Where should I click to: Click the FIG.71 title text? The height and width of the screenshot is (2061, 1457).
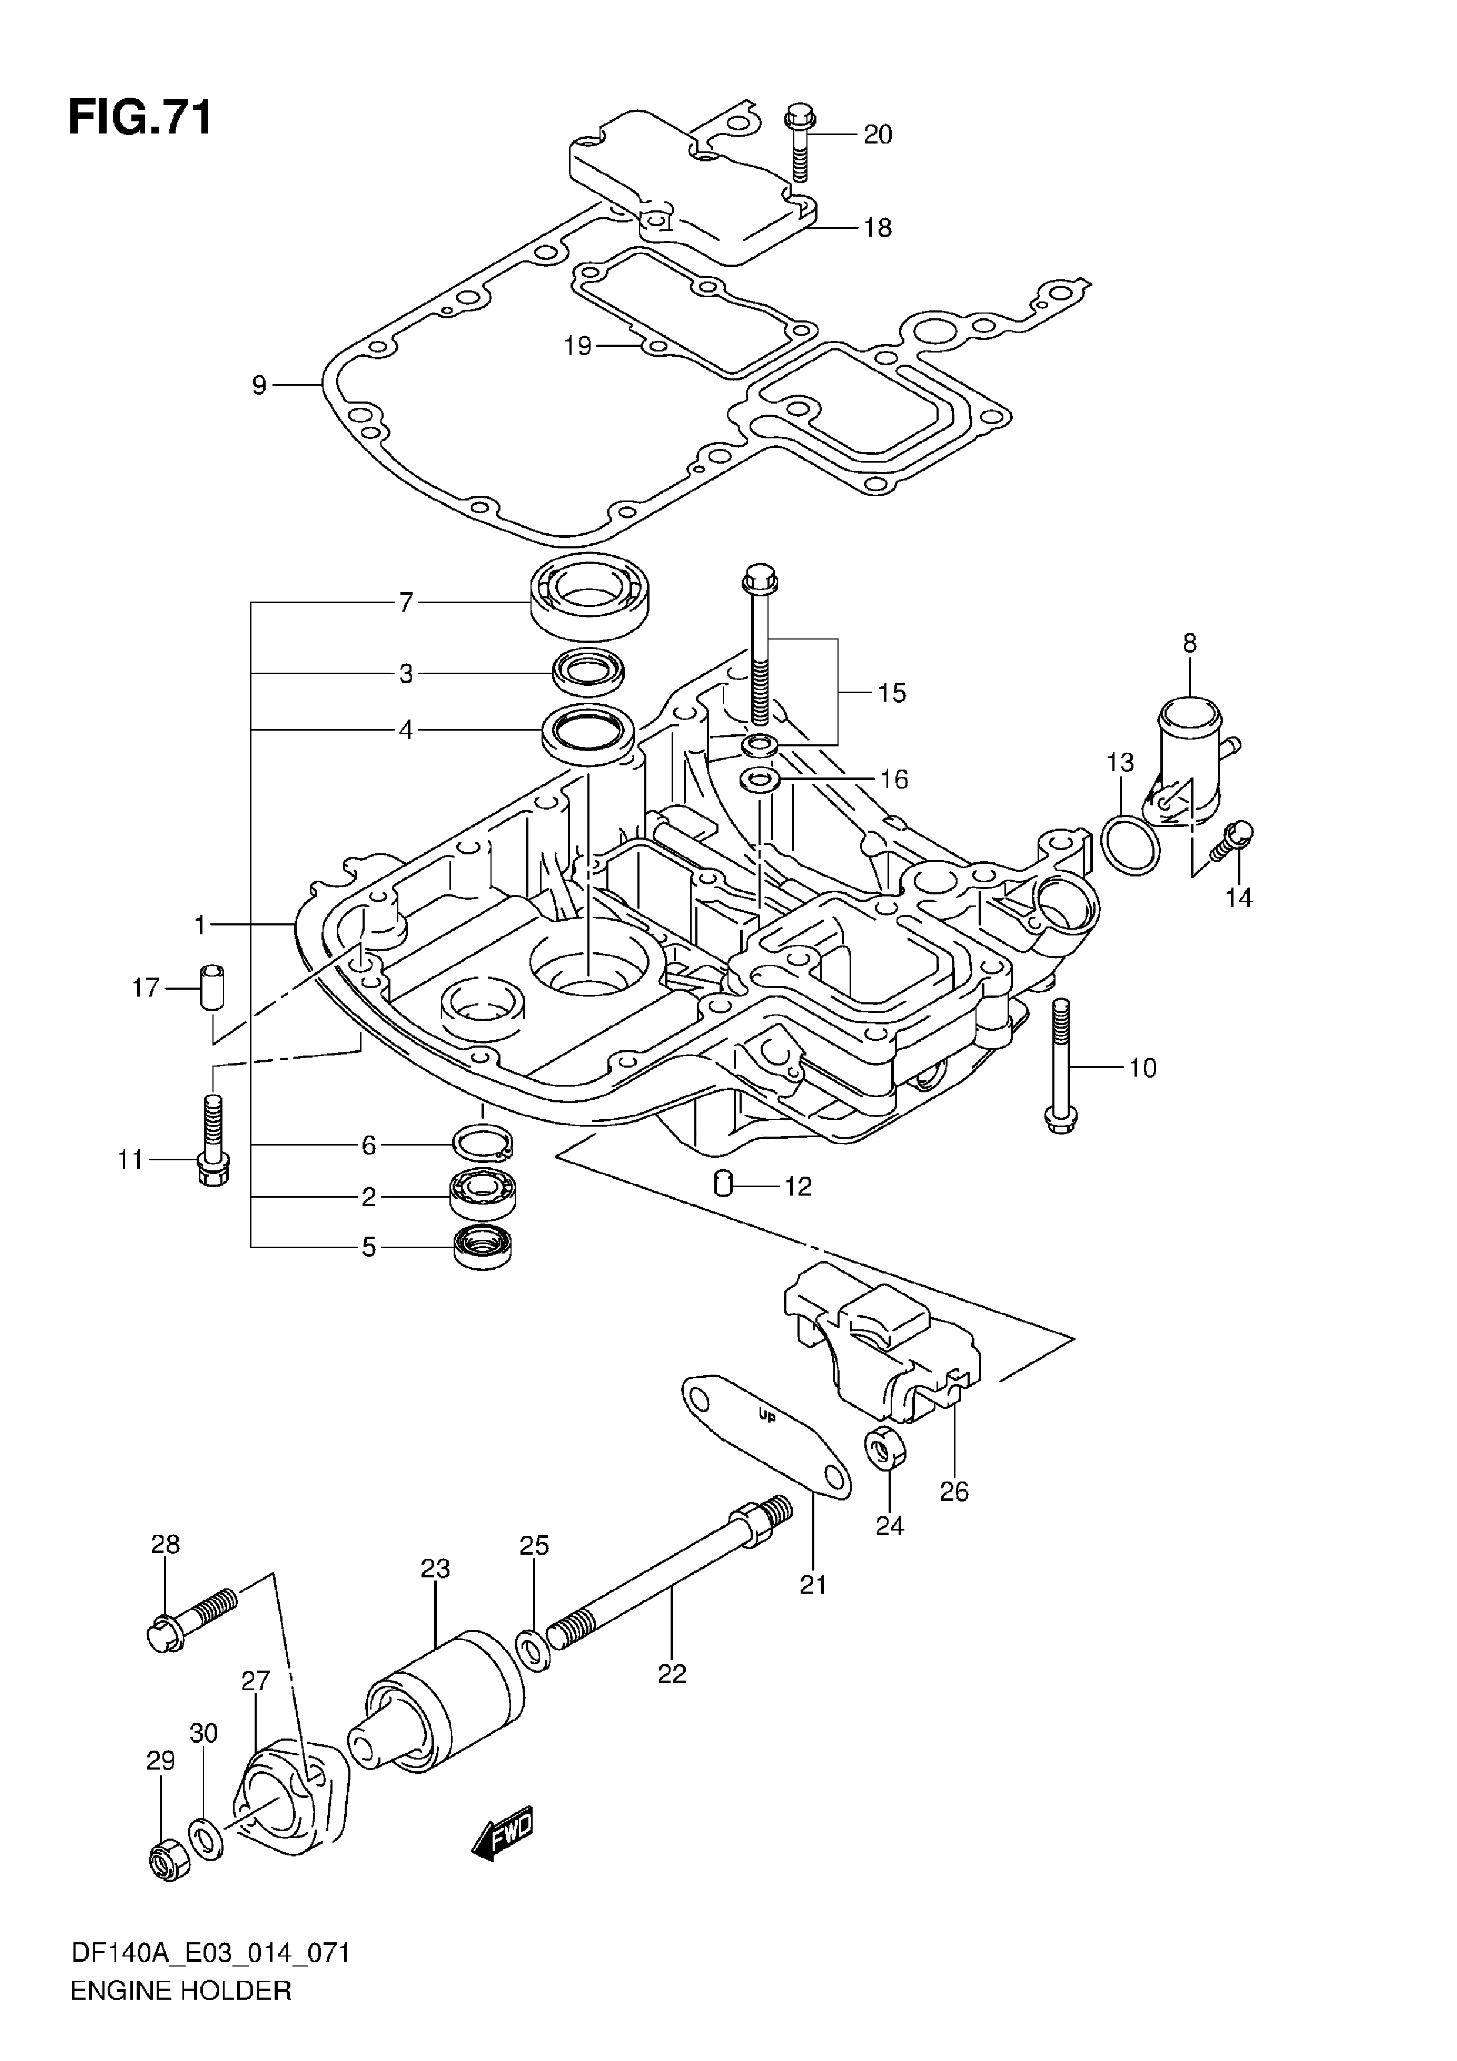[141, 118]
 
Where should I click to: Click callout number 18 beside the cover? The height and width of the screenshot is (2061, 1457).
[877, 228]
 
